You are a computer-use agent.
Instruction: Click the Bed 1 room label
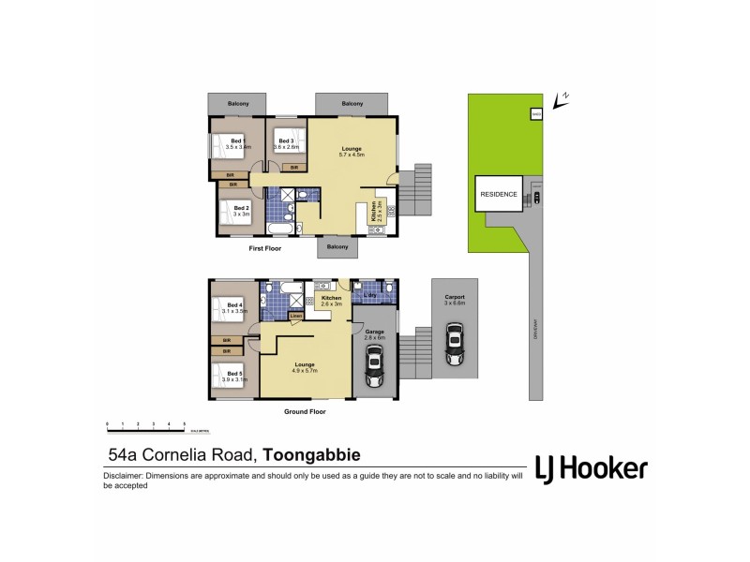pyautogui.click(x=225, y=140)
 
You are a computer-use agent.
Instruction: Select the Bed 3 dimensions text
pyautogui.click(x=286, y=147)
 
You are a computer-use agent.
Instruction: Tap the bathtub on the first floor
pyautogui.click(x=278, y=228)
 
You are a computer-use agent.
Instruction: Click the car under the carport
pyautogui.click(x=454, y=344)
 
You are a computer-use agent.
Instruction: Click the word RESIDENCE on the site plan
pyautogui.click(x=499, y=194)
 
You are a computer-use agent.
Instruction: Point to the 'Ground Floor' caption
pyautogui.click(x=305, y=411)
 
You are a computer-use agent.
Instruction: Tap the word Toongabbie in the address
pyautogui.click(x=311, y=456)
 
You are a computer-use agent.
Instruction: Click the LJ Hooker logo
pyautogui.click(x=591, y=467)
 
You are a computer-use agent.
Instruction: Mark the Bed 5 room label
pyautogui.click(x=234, y=374)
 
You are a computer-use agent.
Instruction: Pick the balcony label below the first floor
pyautogui.click(x=337, y=247)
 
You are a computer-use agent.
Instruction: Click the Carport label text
pyautogui.click(x=454, y=298)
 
